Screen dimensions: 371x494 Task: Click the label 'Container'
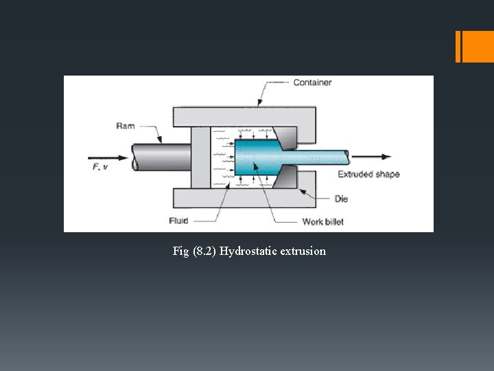click(x=312, y=82)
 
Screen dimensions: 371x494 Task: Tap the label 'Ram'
click(x=126, y=126)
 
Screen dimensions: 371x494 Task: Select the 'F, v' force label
click(x=100, y=168)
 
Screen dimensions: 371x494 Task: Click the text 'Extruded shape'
click(x=368, y=175)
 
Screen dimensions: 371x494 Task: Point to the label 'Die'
click(x=341, y=199)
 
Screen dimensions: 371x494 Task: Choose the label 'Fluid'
click(x=178, y=221)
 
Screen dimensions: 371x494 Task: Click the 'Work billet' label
click(x=322, y=221)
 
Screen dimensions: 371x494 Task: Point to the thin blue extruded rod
click(x=322, y=157)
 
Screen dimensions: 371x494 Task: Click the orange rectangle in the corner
click(x=478, y=47)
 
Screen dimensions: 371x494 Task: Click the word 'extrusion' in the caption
click(x=303, y=251)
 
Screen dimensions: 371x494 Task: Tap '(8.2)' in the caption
click(x=204, y=251)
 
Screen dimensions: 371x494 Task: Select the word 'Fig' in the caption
click(x=180, y=251)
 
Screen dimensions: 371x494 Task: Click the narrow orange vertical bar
click(x=458, y=47)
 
